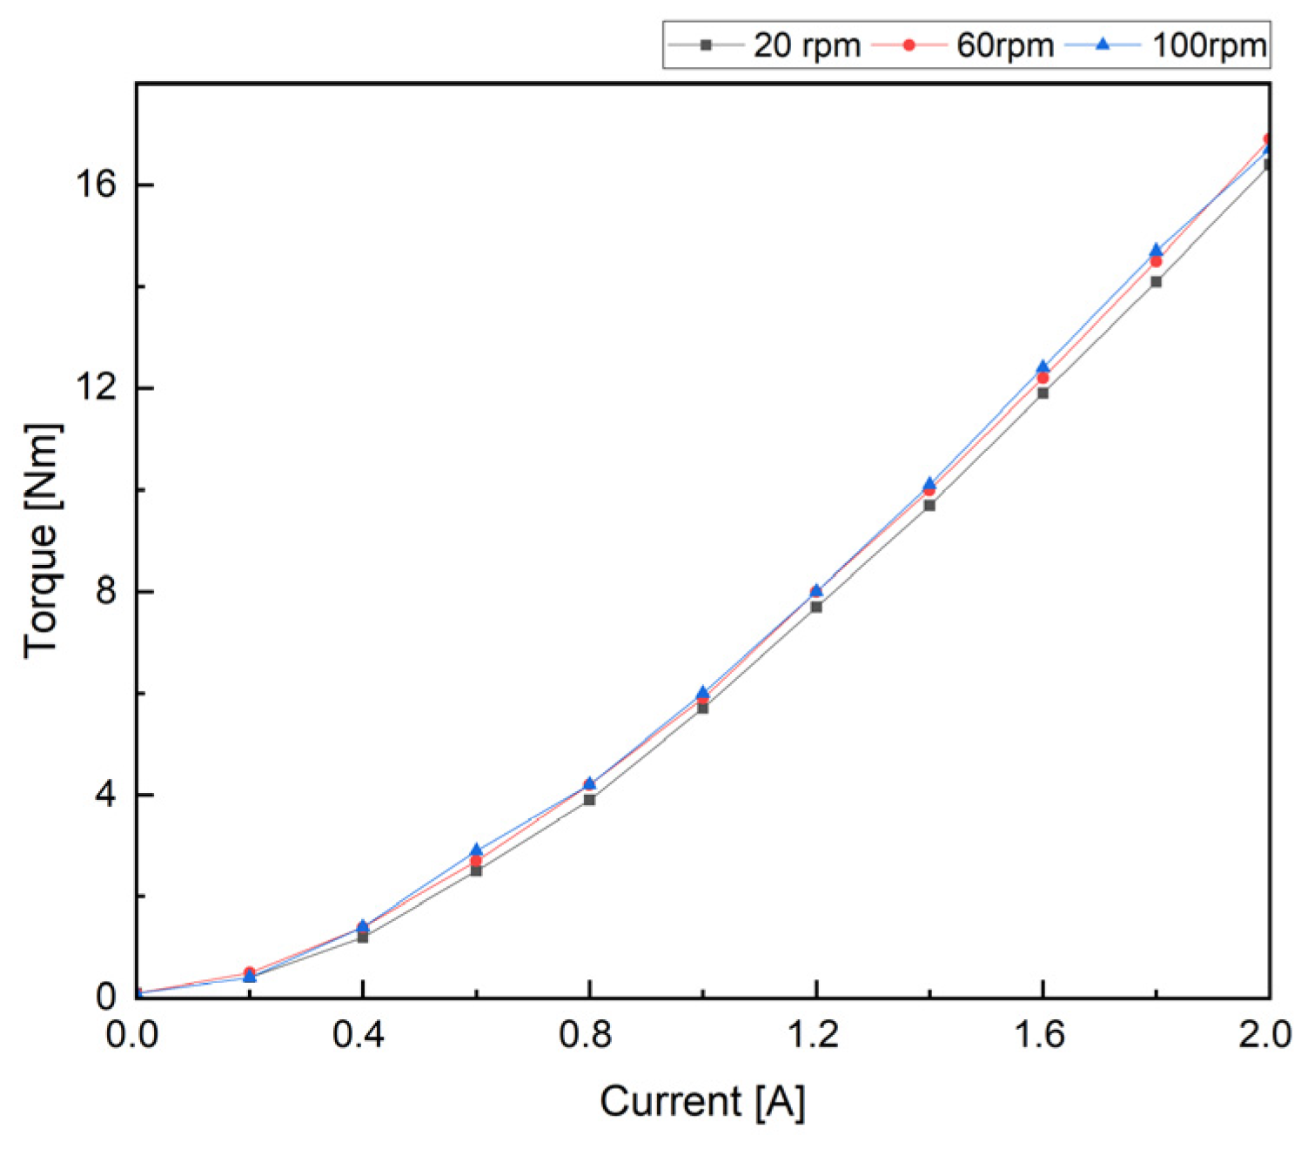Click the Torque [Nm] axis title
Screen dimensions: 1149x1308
coord(42,541)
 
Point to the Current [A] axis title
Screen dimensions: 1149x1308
coord(702,1102)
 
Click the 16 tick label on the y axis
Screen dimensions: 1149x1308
coord(96,185)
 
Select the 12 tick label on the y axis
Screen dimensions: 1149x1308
coord(96,388)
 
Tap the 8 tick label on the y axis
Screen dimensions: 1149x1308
coord(106,592)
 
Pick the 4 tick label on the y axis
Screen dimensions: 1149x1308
coord(106,795)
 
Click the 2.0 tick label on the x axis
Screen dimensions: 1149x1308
coord(1266,1036)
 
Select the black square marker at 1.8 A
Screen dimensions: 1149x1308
coord(1156,281)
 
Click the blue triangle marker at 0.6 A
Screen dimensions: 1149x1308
coord(476,850)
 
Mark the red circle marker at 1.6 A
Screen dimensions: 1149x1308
coord(1043,378)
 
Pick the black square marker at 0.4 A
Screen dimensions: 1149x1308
coord(363,937)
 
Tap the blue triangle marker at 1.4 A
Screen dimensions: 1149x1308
coord(929,483)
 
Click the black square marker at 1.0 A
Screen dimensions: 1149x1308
coord(702,708)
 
